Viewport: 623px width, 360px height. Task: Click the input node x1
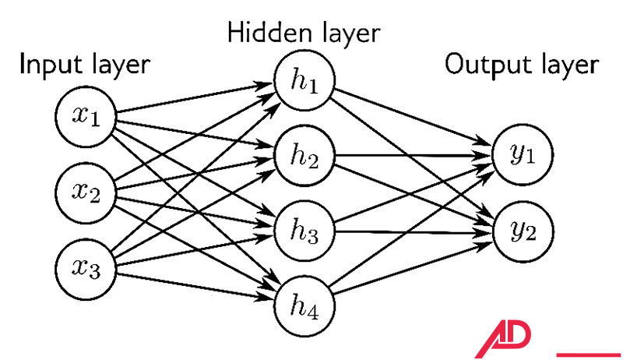pyautogui.click(x=86, y=117)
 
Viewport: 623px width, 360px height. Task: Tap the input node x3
pyautogui.click(x=86, y=269)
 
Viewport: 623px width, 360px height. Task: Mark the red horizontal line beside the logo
pyautogui.click(x=589, y=355)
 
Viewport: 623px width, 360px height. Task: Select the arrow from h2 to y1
pyautogui.click(x=413, y=156)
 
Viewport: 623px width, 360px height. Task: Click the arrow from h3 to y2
pyautogui.click(x=413, y=231)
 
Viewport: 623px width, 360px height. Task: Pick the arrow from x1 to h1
pyautogui.click(x=195, y=99)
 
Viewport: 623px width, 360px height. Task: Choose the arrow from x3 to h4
pyautogui.click(x=195, y=288)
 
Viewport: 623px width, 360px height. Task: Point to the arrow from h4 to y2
pyautogui.click(x=413, y=269)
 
